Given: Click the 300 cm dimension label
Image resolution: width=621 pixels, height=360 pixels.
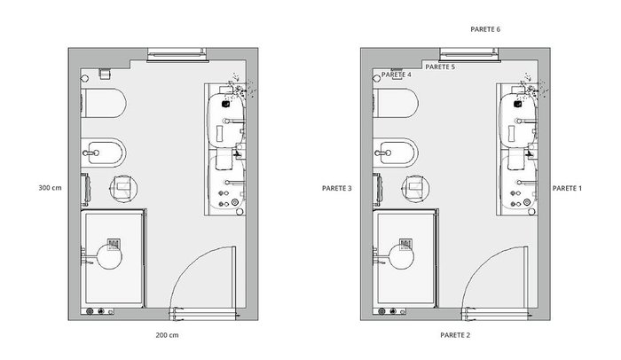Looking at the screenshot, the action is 50,188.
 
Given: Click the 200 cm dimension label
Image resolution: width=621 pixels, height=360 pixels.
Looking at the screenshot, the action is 167,335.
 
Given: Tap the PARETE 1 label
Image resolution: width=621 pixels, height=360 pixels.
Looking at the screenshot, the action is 567,189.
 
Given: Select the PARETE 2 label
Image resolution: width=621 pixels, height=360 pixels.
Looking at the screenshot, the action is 455,335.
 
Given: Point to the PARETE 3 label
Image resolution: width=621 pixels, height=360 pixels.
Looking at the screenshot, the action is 336,189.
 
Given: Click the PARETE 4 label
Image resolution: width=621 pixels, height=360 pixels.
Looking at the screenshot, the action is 397,74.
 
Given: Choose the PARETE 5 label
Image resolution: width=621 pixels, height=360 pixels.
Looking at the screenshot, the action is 440,67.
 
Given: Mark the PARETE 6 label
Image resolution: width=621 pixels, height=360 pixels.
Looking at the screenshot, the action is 485,29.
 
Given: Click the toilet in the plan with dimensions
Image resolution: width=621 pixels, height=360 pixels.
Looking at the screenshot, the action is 104,103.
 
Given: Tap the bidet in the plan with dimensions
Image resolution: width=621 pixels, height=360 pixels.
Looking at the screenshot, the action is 104,153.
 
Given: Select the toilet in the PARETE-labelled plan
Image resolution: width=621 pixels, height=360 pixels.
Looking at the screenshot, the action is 396,103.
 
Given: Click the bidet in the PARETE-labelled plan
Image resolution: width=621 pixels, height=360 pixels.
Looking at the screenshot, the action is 396,153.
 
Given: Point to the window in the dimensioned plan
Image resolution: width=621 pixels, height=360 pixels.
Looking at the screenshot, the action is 177,55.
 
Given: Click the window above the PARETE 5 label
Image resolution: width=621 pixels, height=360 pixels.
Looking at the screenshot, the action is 469,55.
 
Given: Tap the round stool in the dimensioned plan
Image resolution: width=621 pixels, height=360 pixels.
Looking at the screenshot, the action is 123,189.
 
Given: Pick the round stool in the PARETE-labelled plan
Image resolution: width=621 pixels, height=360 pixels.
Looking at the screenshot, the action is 415,189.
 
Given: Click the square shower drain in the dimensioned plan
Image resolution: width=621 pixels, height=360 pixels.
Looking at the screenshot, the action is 114,245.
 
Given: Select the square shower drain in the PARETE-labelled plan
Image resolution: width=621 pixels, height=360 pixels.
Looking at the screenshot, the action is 406,245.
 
